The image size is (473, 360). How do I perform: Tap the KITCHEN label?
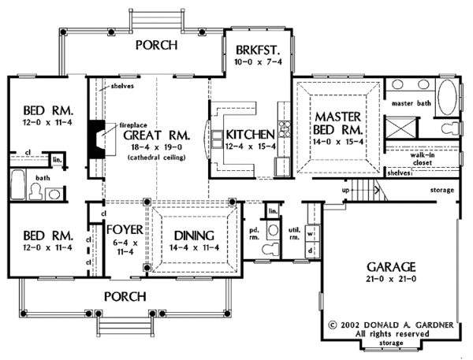point(250,134)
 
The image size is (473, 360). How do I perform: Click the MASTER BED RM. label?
point(338,121)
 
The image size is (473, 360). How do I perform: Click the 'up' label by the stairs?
point(345,190)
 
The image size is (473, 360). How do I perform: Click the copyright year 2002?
point(352,324)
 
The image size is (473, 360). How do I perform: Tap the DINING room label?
point(192,235)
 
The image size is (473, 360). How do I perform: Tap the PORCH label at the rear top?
point(162,45)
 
